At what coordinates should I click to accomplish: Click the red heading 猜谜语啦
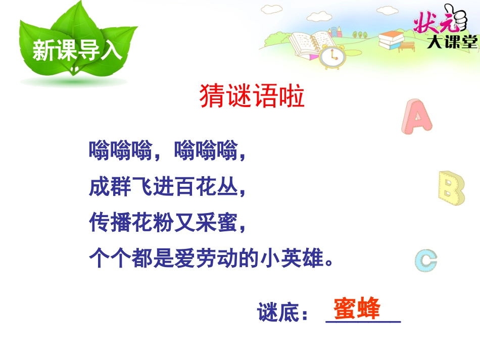point(252,96)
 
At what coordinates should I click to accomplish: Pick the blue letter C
point(425,261)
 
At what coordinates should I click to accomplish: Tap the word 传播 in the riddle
point(110,223)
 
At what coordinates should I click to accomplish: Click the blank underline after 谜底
point(363,320)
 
